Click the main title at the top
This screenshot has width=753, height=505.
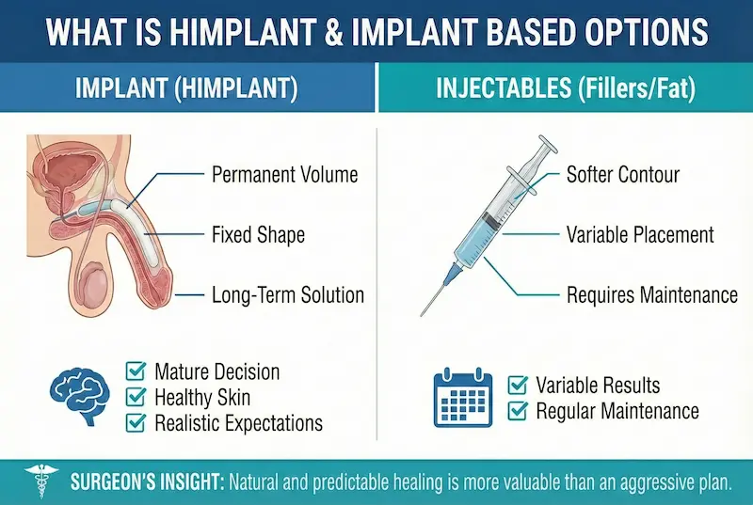coord(376,32)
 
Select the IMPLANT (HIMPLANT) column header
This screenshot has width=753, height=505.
coord(186,91)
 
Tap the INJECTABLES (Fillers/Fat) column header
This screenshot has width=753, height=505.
coord(565,91)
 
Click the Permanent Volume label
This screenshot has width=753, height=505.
coord(285,175)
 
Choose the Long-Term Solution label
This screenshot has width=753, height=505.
coord(288,295)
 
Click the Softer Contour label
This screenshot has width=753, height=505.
coord(622,175)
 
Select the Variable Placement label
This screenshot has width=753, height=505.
coord(640,234)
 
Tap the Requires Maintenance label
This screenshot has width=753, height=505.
coord(651,295)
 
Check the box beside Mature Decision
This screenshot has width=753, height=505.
coord(136,371)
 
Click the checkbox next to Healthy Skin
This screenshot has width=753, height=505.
coord(136,397)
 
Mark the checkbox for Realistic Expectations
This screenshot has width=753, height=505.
coord(136,422)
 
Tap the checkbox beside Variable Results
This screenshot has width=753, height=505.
coord(517,385)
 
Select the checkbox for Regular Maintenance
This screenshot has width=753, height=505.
coord(517,411)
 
